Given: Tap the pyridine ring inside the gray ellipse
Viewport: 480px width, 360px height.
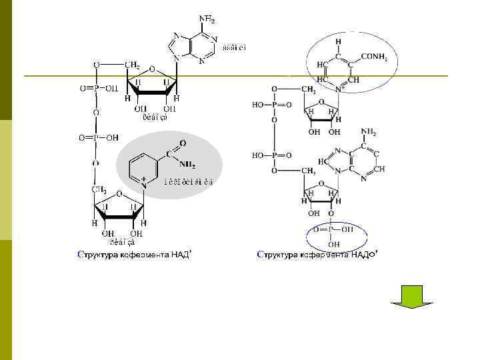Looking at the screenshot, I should click(x=145, y=166).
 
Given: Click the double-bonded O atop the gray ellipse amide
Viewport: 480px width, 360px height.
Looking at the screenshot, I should click(x=183, y=143).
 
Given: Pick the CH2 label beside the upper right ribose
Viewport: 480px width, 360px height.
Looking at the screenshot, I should click(x=308, y=89).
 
